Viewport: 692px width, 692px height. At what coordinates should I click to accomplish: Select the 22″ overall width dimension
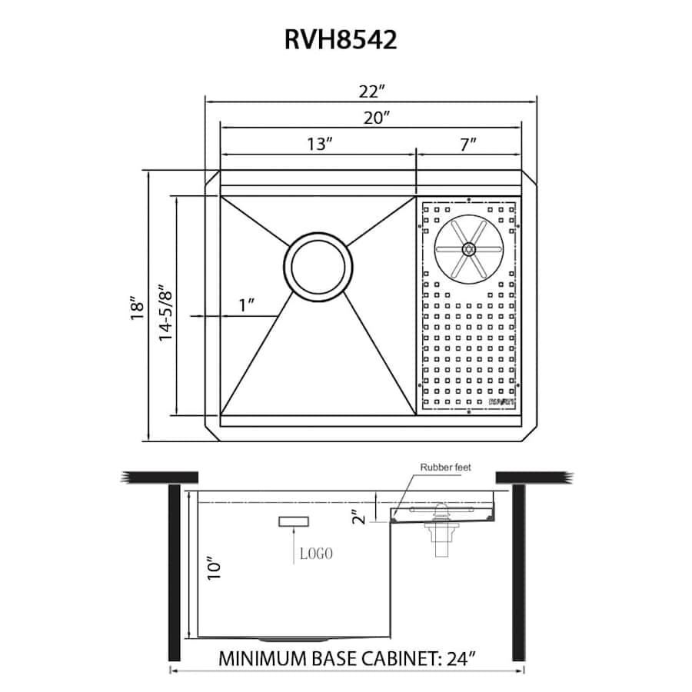click(x=371, y=91)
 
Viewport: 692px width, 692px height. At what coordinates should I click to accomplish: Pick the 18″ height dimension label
click(x=138, y=308)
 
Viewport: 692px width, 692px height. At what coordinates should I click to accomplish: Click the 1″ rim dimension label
click(x=247, y=304)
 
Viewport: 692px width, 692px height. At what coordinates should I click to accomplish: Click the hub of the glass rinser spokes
click(x=467, y=248)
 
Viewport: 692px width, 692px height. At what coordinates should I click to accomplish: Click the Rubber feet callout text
click(x=446, y=467)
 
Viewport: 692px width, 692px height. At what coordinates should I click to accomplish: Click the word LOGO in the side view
click(x=315, y=554)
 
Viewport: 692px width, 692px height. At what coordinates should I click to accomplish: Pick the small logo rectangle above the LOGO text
click(x=294, y=523)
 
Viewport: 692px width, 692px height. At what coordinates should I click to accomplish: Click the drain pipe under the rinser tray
click(x=441, y=541)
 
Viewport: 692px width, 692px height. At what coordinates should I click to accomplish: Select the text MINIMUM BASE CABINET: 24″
click(x=348, y=659)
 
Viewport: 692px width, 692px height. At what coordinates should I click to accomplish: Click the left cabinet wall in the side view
click(x=174, y=573)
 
